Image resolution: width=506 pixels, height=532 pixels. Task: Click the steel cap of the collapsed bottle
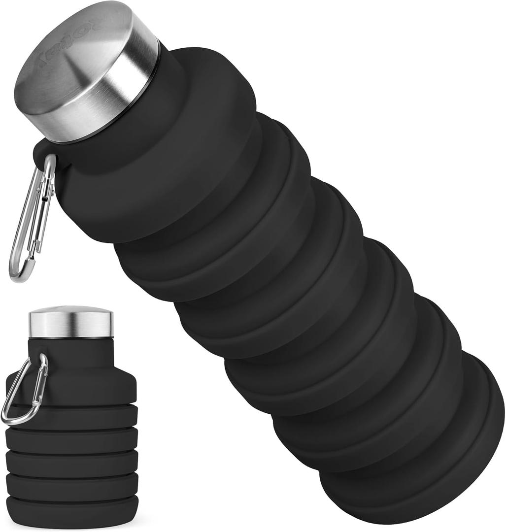pos(71,323)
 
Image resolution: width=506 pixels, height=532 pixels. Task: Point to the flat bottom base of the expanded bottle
pos(485,443)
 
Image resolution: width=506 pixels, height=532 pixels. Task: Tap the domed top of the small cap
pos(71,310)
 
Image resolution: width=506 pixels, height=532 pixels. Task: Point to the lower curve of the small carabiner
pos(15,419)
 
